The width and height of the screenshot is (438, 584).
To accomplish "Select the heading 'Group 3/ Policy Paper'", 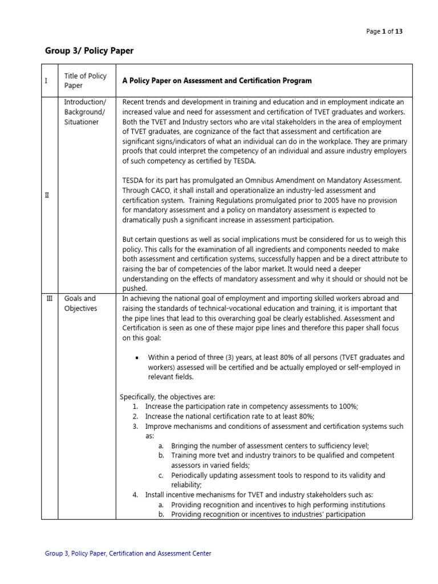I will pyautogui.click(x=89, y=51).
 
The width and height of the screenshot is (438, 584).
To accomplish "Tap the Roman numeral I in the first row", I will pyautogui.click(x=46, y=81).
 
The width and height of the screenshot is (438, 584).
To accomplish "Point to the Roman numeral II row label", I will pyautogui.click(x=47, y=195).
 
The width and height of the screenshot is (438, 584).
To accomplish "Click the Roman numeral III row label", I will pyautogui.click(x=49, y=298).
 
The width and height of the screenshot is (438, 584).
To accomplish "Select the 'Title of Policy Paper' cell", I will pyautogui.click(x=85, y=80).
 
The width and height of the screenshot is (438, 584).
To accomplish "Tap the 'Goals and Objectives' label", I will pyautogui.click(x=80, y=303).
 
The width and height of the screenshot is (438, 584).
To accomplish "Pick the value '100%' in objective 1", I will pyautogui.click(x=347, y=406).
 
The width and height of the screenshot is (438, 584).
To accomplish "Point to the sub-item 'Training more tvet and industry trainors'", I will pyautogui.click(x=282, y=456).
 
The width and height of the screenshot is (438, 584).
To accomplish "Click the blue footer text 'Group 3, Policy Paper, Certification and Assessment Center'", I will pyautogui.click(x=128, y=553).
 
